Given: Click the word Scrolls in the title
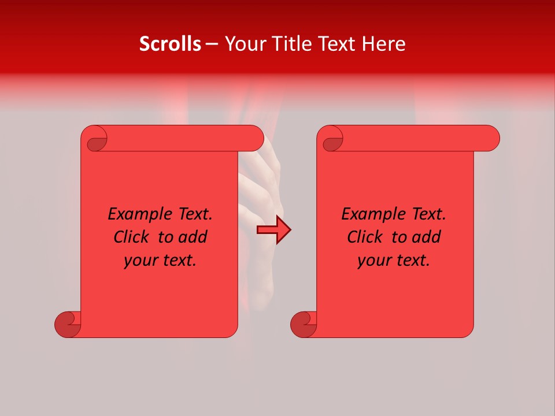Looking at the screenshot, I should (170, 44).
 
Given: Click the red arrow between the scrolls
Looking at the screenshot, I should (273, 230).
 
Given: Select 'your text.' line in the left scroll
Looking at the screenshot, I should (160, 261).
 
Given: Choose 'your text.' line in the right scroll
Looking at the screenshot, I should (394, 261).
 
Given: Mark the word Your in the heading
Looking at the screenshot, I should (243, 44).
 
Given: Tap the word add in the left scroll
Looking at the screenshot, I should (193, 237).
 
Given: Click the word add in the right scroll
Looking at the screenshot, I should (427, 237).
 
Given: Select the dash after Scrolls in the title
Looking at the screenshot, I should (212, 44).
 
